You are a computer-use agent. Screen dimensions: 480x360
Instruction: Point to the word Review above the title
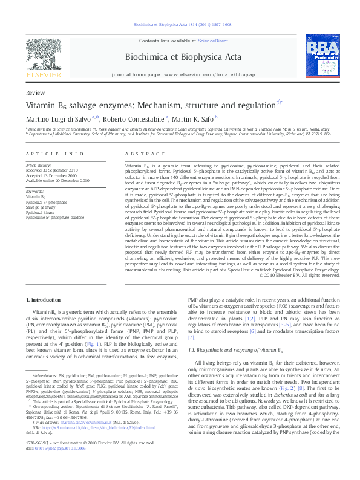35,94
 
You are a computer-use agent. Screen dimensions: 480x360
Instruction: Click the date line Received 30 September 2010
56,170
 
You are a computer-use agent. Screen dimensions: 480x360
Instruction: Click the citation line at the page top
180,25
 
